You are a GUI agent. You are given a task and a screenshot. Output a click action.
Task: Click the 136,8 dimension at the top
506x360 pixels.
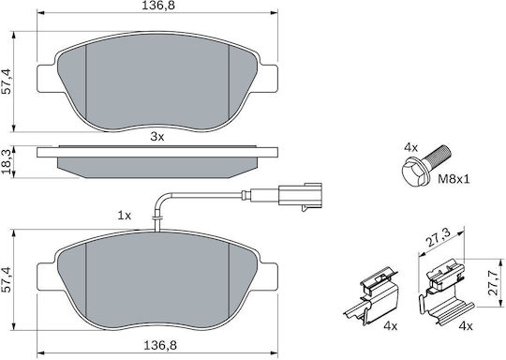(159, 6)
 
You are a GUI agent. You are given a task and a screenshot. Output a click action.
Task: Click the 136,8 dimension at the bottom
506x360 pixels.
(160, 346)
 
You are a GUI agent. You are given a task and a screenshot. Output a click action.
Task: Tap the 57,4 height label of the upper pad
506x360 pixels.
(7, 82)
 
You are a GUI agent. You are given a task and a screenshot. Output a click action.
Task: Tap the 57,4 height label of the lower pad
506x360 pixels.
(7, 279)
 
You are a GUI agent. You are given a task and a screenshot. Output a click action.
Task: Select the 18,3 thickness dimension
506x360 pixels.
(7, 161)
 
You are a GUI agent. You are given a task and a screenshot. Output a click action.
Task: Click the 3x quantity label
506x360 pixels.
(157, 137)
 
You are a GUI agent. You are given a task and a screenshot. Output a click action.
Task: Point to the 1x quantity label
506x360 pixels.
(125, 216)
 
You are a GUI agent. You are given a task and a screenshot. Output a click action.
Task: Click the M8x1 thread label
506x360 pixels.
(454, 179)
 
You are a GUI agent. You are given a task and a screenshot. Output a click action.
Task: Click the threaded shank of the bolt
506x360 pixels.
(438, 155)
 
